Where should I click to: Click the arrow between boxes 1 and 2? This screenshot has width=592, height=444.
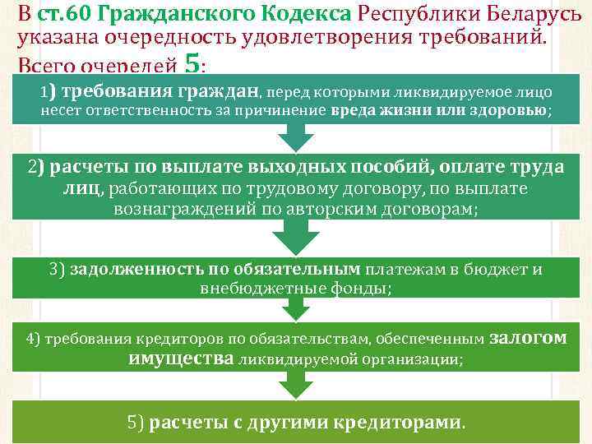(x=295, y=135)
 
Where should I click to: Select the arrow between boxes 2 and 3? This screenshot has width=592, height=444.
(x=295, y=238)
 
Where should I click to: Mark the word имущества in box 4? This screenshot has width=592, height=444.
(x=182, y=358)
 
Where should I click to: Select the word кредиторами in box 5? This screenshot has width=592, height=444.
(x=398, y=423)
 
